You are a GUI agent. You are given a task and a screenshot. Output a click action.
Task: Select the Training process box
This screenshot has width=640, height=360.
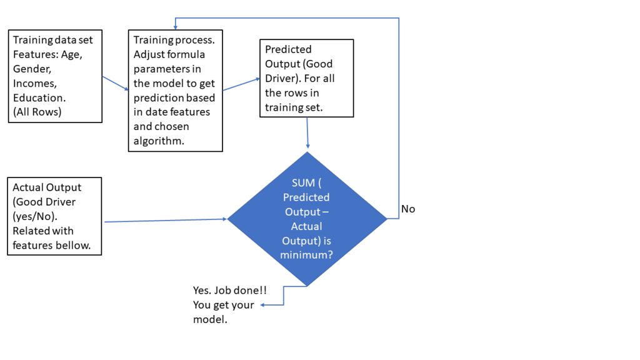tap(175, 91)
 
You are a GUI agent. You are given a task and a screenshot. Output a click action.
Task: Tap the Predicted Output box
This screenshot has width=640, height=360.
tap(306, 78)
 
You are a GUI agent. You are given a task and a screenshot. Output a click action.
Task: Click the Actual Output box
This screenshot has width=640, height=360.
tap(55, 216)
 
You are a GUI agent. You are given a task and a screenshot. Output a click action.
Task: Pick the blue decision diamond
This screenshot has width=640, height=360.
tap(307, 219)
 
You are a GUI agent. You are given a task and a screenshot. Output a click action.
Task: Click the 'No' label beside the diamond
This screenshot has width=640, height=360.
tap(408, 209)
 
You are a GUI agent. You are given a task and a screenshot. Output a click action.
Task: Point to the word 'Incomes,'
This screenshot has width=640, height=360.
tap(34, 84)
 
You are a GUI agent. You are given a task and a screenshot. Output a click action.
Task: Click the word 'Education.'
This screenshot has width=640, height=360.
tap(39, 98)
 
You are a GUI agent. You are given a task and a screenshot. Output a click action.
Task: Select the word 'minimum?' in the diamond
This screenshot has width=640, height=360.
tap(307, 255)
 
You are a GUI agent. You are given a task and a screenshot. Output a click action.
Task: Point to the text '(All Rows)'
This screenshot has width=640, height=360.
tap(37, 112)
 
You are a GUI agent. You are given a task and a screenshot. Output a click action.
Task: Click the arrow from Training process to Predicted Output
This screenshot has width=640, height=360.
tap(241, 84)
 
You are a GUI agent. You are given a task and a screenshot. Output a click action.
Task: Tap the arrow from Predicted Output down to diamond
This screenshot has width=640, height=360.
tap(307, 134)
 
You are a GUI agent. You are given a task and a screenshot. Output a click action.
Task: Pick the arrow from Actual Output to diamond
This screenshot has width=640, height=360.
tap(166, 220)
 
